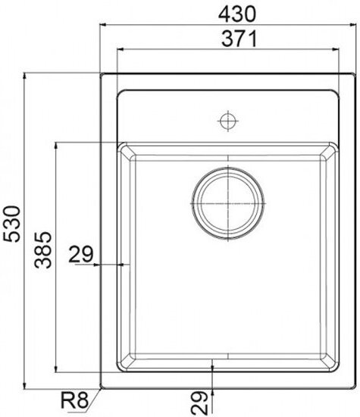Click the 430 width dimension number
click(237, 14)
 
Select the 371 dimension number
click(239, 39)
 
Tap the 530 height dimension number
click(12, 224)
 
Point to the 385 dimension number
click(42, 249)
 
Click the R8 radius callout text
click(74, 400)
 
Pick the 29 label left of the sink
click(81, 254)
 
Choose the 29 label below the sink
click(199, 403)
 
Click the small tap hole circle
click(228, 121)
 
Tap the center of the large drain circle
click(228, 203)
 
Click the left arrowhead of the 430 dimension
click(103, 25)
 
